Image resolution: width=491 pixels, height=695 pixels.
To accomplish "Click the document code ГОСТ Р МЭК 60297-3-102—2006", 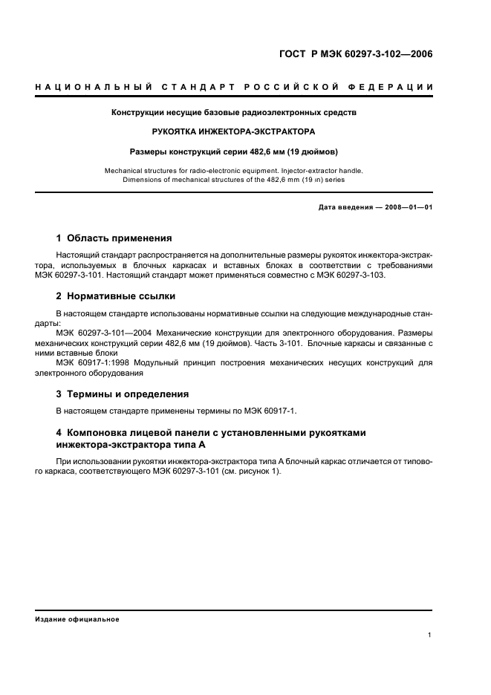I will click(x=355, y=53).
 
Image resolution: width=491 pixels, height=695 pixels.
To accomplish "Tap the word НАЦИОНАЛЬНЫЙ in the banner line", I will click(x=90, y=88).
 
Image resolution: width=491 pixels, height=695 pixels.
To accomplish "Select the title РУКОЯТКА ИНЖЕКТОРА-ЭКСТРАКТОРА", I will click(x=233, y=131).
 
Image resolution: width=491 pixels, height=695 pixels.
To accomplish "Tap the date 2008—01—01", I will click(x=408, y=207).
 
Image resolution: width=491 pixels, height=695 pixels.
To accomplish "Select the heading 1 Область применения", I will click(x=114, y=238).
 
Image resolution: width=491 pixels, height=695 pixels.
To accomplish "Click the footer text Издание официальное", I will click(x=77, y=619).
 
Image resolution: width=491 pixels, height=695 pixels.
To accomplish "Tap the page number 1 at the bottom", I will click(x=430, y=635).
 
